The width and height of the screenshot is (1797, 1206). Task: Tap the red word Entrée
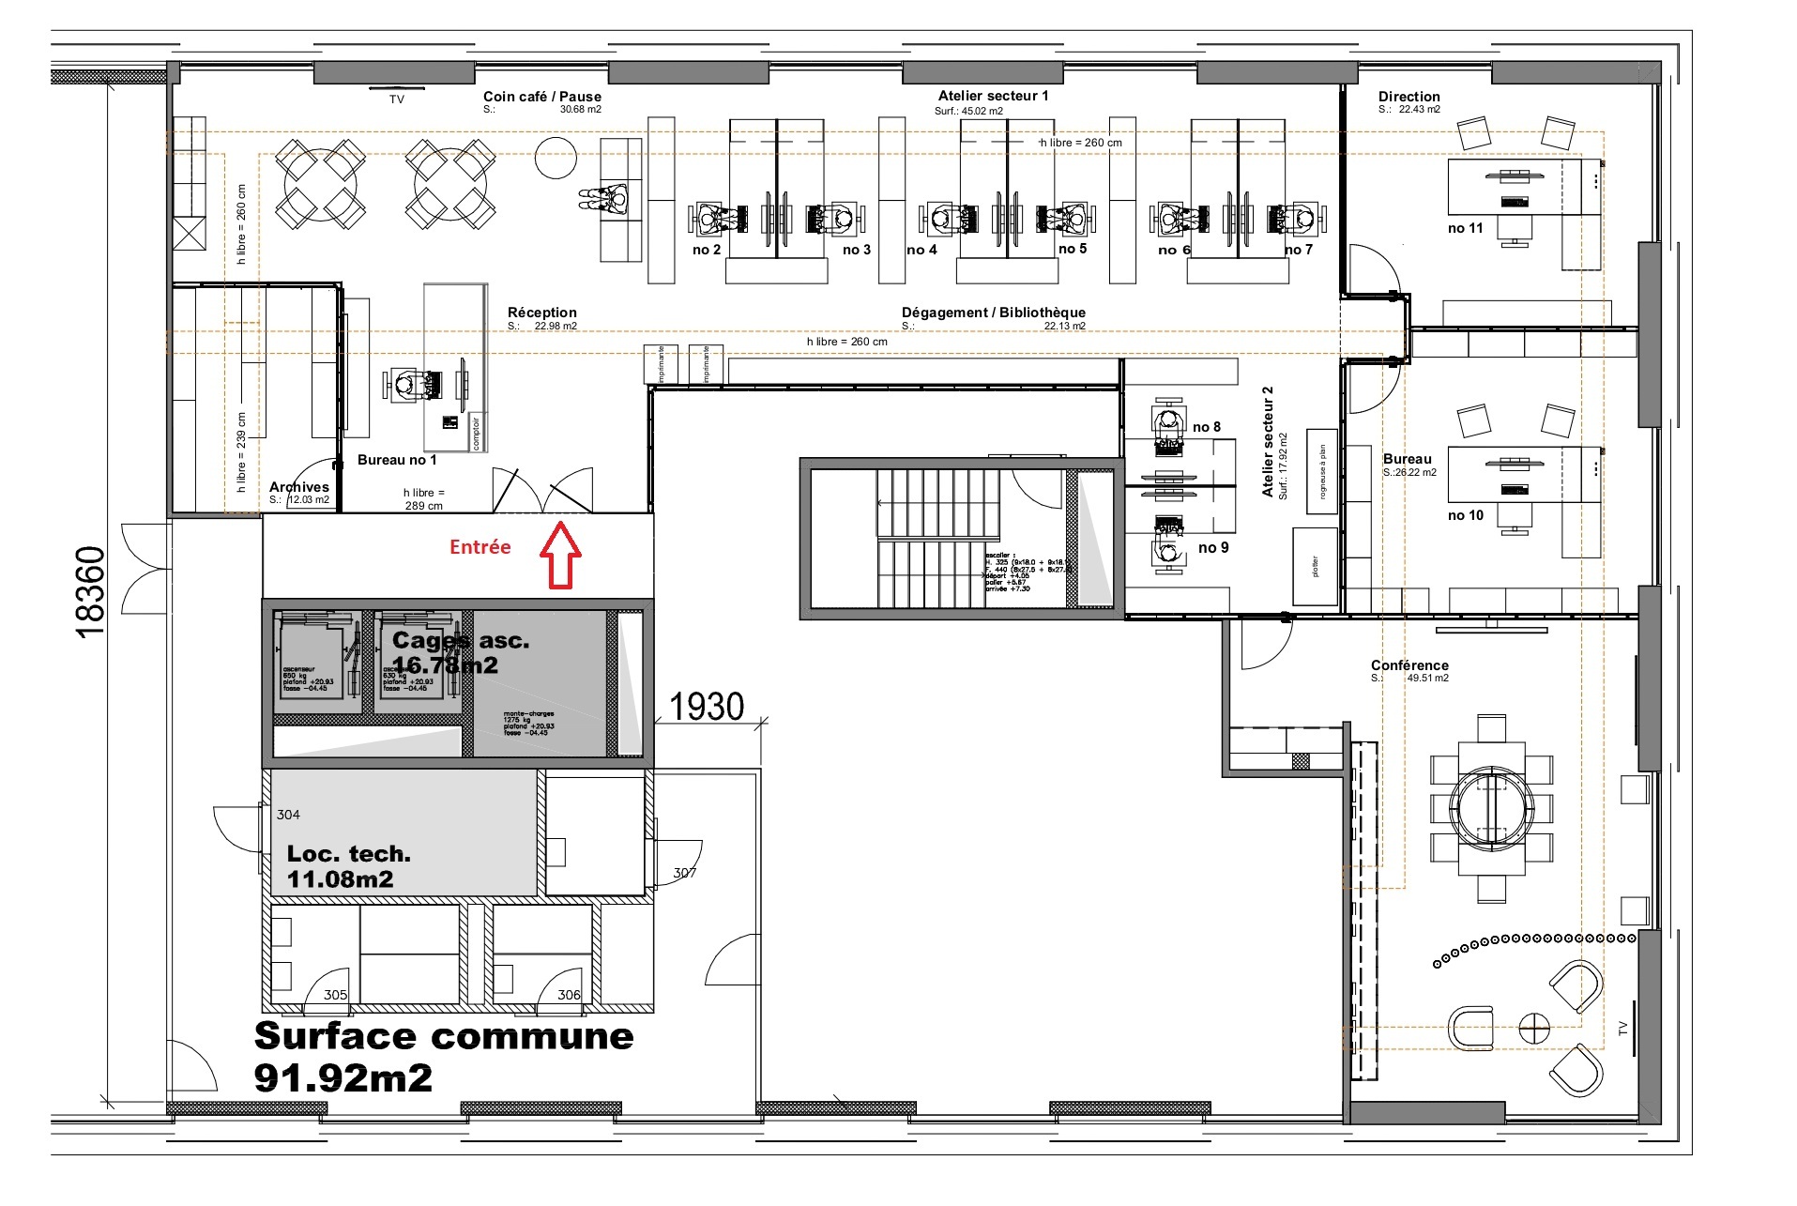[x=480, y=547]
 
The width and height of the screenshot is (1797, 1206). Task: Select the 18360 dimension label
[x=90, y=592]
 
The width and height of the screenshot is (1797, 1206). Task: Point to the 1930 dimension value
[x=707, y=707]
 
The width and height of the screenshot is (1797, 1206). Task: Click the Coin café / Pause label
[x=541, y=97]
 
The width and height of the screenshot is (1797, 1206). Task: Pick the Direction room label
[x=1409, y=97]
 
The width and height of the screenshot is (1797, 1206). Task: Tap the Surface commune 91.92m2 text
[x=443, y=1056]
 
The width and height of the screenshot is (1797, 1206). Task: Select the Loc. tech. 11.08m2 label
[x=348, y=866]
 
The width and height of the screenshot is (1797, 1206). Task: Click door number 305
[x=335, y=995]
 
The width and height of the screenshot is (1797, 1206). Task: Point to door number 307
[x=684, y=873]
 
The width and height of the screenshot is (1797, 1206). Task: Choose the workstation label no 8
[x=1207, y=427]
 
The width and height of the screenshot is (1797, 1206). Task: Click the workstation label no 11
[x=1465, y=228]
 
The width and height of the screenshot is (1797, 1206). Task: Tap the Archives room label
[x=298, y=487]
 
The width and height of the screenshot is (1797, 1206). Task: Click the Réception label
[x=541, y=313]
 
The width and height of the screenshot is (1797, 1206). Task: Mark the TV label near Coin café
[x=397, y=99]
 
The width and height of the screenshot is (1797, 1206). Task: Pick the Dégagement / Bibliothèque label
[x=993, y=313]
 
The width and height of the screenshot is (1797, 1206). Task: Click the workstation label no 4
[x=921, y=250]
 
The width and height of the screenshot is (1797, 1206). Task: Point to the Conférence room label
[x=1409, y=665]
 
